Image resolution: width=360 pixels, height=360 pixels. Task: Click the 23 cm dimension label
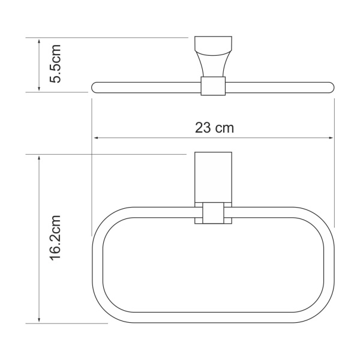click(214, 127)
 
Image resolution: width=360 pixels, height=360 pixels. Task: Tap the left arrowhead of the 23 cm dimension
click(95, 139)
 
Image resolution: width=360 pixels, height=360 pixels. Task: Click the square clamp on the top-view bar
click(212, 86)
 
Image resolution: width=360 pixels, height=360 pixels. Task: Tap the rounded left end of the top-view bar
click(95, 86)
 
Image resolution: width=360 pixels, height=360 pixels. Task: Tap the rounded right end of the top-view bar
click(329, 86)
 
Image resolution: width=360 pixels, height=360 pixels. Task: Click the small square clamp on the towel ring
click(212, 214)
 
